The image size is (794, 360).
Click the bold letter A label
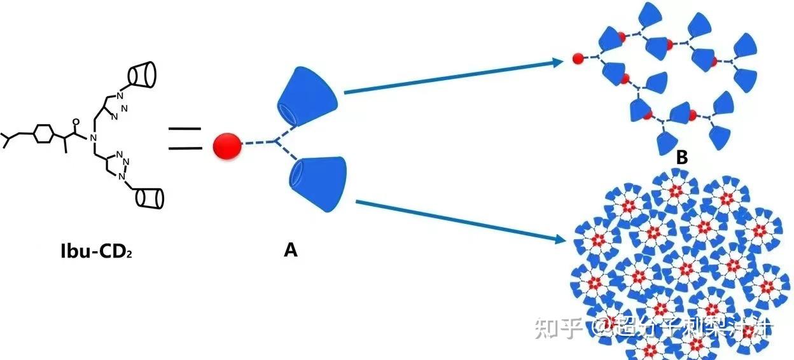tap(290, 251)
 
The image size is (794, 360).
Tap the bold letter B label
tap(681, 158)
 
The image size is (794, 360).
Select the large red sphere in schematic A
tap(227, 146)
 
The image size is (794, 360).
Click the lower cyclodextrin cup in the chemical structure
tap(150, 197)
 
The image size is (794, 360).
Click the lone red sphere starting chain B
tap(578, 59)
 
